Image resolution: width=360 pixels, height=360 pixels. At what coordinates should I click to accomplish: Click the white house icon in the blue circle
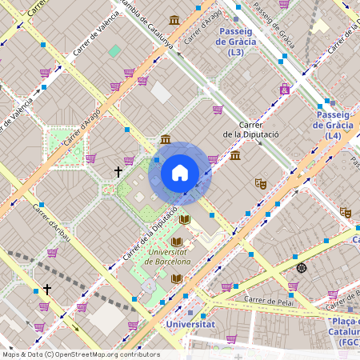click(x=180, y=171)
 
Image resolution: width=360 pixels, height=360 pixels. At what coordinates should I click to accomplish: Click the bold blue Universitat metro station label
click(x=190, y=324)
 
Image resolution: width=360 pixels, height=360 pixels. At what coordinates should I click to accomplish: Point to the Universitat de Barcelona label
click(x=170, y=256)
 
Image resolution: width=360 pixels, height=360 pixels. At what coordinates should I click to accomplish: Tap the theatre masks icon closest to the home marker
click(x=260, y=183)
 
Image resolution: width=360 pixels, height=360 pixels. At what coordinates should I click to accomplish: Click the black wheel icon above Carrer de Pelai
click(x=301, y=267)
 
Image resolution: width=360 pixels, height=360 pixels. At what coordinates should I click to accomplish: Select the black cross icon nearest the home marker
click(x=118, y=171)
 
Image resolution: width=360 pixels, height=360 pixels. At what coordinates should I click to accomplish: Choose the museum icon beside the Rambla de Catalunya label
click(x=174, y=20)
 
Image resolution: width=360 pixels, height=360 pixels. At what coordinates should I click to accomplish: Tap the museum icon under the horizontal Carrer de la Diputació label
click(x=234, y=154)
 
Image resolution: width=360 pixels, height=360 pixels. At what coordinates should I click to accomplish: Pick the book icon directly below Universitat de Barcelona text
click(x=176, y=278)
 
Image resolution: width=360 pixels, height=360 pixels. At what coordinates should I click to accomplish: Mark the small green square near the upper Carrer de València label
click(x=115, y=50)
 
